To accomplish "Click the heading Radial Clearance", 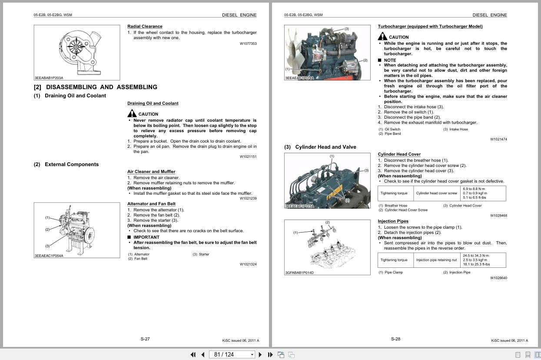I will click(145, 27).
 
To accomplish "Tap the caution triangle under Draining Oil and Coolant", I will click(132, 113).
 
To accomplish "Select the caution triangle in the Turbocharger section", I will click(382, 37).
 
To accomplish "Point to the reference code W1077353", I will click(248, 43).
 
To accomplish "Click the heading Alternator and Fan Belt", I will click(151, 204).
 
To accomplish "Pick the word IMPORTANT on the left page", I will click(146, 237).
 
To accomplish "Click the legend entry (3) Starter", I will click(201, 254).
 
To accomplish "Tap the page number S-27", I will click(145, 339).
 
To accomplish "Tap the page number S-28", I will click(395, 339).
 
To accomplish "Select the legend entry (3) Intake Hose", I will click(455, 129).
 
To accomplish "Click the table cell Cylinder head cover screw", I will click(436, 193).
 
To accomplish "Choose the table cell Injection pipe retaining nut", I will click(436, 260).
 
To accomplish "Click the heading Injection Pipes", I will click(393, 221).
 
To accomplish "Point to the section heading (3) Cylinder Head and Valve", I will click(320, 147).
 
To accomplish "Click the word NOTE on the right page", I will click(390, 60).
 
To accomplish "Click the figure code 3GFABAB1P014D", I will click(299, 273).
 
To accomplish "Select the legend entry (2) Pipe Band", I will click(390, 134).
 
